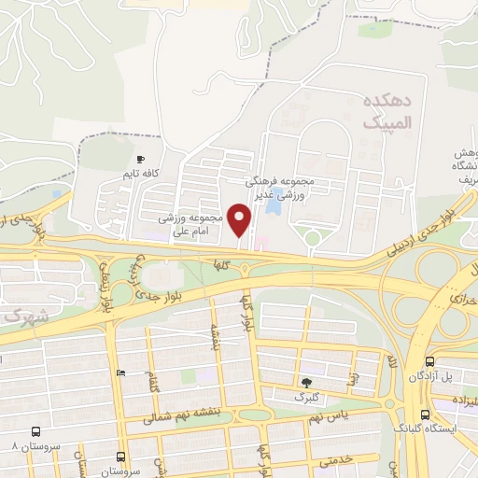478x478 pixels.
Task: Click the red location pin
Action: [241, 220]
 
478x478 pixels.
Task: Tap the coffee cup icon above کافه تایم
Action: [141, 161]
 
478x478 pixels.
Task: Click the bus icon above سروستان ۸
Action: [35, 432]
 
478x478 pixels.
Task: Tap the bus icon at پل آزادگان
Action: [429, 362]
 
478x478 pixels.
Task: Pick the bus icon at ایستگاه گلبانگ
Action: [426, 415]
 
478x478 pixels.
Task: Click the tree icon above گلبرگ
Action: [305, 382]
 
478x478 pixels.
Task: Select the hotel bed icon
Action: [119, 373]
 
